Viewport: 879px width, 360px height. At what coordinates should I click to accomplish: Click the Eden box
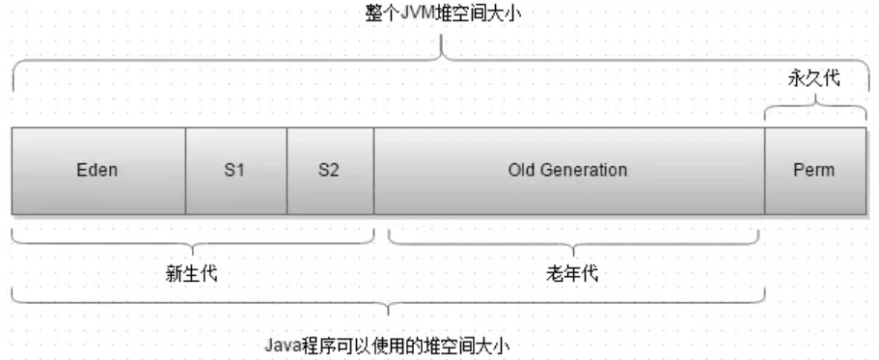pyautogui.click(x=98, y=171)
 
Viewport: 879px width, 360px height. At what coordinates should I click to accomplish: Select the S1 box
pyautogui.click(x=235, y=171)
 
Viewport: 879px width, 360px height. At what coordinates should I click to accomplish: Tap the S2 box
pyautogui.click(x=329, y=171)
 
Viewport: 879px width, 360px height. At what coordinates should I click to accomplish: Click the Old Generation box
pyautogui.click(x=567, y=171)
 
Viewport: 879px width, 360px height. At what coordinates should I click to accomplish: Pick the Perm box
pyautogui.click(x=812, y=171)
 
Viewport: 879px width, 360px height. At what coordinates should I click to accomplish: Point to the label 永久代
pyautogui.click(x=813, y=81)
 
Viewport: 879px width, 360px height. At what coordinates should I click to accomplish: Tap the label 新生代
pyautogui.click(x=192, y=272)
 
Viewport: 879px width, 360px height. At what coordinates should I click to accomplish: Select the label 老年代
pyautogui.click(x=573, y=272)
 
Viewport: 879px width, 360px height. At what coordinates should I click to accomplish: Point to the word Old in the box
pyautogui.click(x=521, y=171)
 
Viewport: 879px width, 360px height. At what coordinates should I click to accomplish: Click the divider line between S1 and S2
pyautogui.click(x=287, y=171)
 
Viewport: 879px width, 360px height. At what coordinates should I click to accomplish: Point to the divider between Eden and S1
pyautogui.click(x=185, y=171)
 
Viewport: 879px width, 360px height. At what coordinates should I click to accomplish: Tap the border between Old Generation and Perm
pyautogui.click(x=764, y=171)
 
